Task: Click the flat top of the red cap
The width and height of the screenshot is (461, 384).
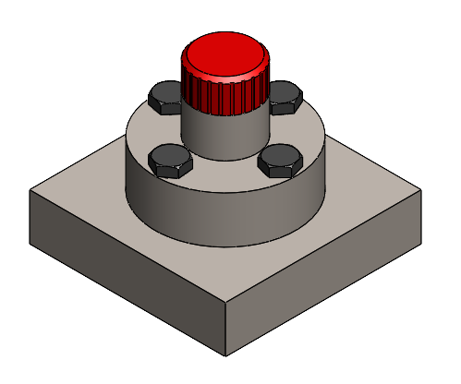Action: point(224,54)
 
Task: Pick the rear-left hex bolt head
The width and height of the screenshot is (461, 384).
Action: point(166,96)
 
